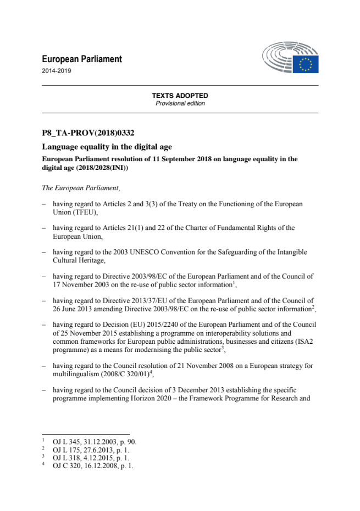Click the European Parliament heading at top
click(82, 59)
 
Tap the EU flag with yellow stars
click(306, 64)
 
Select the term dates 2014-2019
click(57, 70)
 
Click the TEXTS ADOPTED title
click(180, 96)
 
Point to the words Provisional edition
click(180, 103)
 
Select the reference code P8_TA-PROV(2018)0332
click(88, 133)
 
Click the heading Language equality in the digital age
click(107, 146)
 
